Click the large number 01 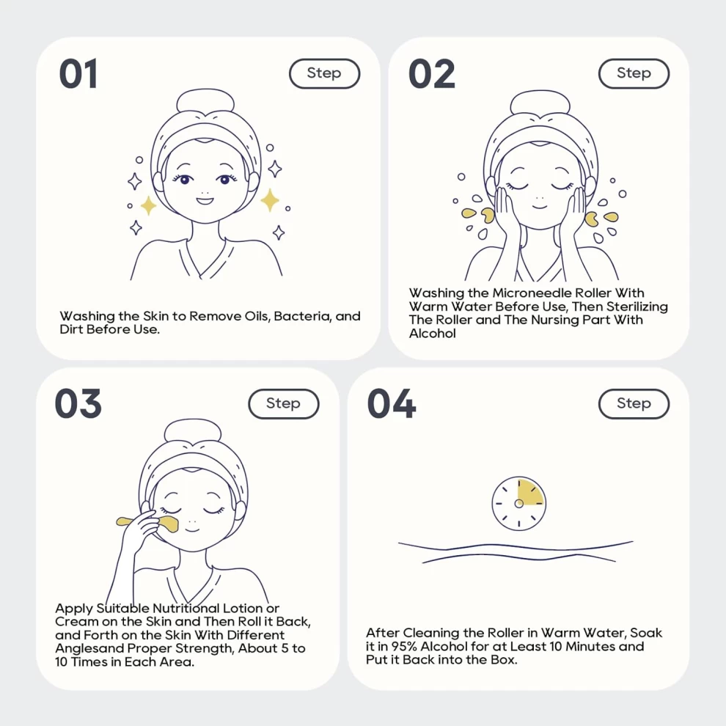78,73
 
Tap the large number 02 432,73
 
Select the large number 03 78,404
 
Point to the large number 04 392,404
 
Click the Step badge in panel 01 325,73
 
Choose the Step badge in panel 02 634,73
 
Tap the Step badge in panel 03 284,404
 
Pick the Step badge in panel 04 634,404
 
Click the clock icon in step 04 519,504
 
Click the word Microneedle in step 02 532,293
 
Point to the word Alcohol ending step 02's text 433,334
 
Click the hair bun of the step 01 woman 205,102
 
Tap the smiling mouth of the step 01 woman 205,201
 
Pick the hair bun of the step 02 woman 540,103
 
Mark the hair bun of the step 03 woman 193,432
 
